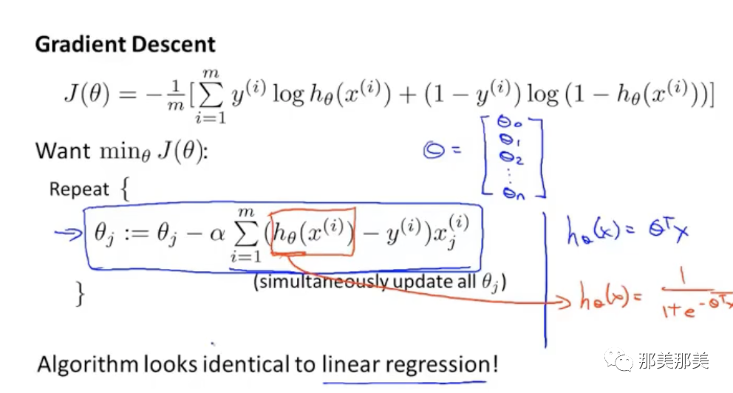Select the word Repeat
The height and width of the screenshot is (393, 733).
[x=79, y=189]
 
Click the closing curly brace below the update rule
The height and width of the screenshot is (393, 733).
[x=80, y=295]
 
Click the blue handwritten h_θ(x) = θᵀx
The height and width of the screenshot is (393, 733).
[x=628, y=233]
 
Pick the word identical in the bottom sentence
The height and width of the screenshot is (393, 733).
[x=251, y=364]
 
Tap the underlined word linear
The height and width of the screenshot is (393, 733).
[x=349, y=364]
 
